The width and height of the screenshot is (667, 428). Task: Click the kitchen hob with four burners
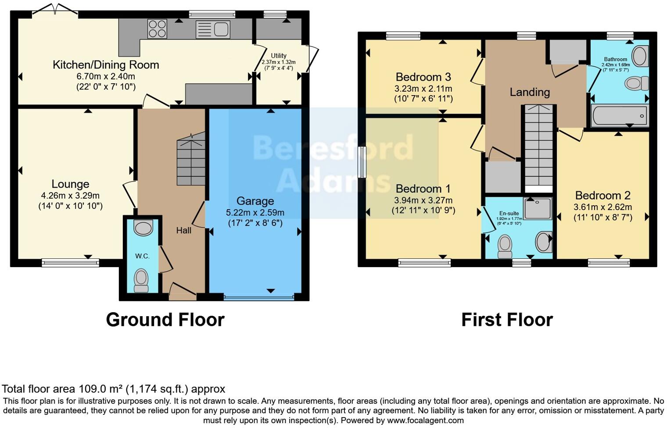point(157,29)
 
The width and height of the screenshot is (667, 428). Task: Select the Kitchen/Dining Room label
point(106,65)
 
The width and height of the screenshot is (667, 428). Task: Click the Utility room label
point(278,56)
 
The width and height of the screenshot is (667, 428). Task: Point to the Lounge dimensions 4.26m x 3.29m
point(70,196)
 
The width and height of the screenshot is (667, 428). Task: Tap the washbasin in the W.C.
point(143,228)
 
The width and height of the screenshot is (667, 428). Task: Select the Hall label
point(183,230)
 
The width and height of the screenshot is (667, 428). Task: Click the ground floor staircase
point(191,162)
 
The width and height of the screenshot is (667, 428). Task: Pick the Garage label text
point(255,201)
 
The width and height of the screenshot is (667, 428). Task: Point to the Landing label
point(530,92)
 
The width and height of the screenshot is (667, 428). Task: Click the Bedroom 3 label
point(423,77)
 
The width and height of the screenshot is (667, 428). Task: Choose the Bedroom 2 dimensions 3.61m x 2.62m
point(602,207)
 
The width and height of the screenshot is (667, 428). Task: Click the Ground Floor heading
point(165,320)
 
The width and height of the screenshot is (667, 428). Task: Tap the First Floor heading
point(507,320)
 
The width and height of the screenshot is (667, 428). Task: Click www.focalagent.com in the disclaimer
point(425,420)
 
